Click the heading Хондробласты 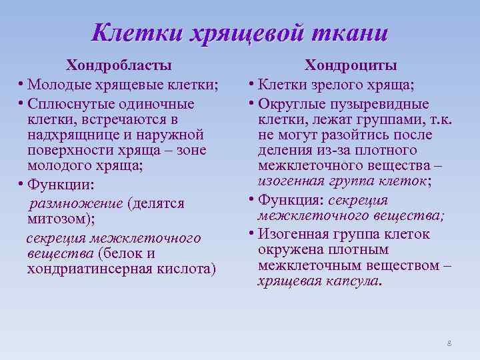(118, 65)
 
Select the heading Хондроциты (351, 65)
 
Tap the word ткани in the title (347, 31)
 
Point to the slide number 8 (449, 343)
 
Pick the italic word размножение (73, 203)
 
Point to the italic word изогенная (289, 181)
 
